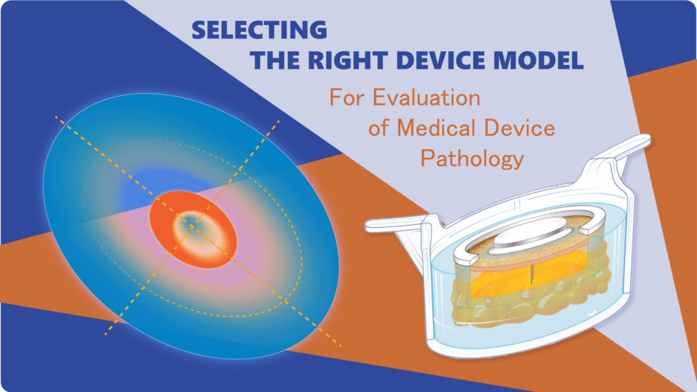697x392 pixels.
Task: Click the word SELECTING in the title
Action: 259,30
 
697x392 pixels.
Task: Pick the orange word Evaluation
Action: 426,97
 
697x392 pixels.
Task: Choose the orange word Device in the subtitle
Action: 519,128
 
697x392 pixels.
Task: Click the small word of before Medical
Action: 378,128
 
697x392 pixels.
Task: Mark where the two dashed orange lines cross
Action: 193,227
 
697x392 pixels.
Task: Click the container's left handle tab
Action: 395,225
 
